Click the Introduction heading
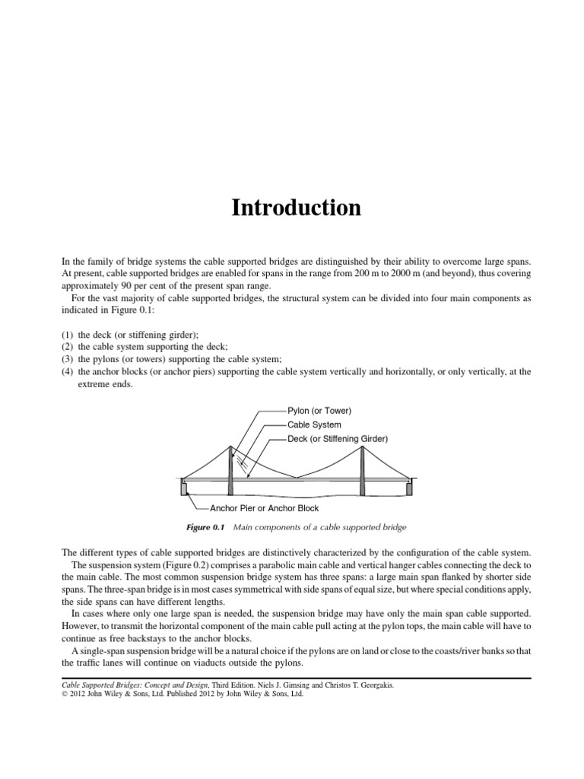(296, 208)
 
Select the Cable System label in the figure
(314, 424)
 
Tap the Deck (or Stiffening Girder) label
(338, 439)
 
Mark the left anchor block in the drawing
(185, 488)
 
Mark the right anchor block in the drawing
(409, 488)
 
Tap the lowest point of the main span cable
(297, 477)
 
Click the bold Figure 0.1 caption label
(206, 527)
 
